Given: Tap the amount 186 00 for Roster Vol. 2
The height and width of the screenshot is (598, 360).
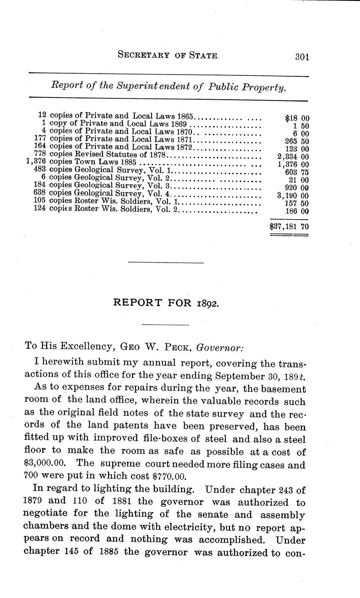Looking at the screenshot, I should [x=297, y=211].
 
